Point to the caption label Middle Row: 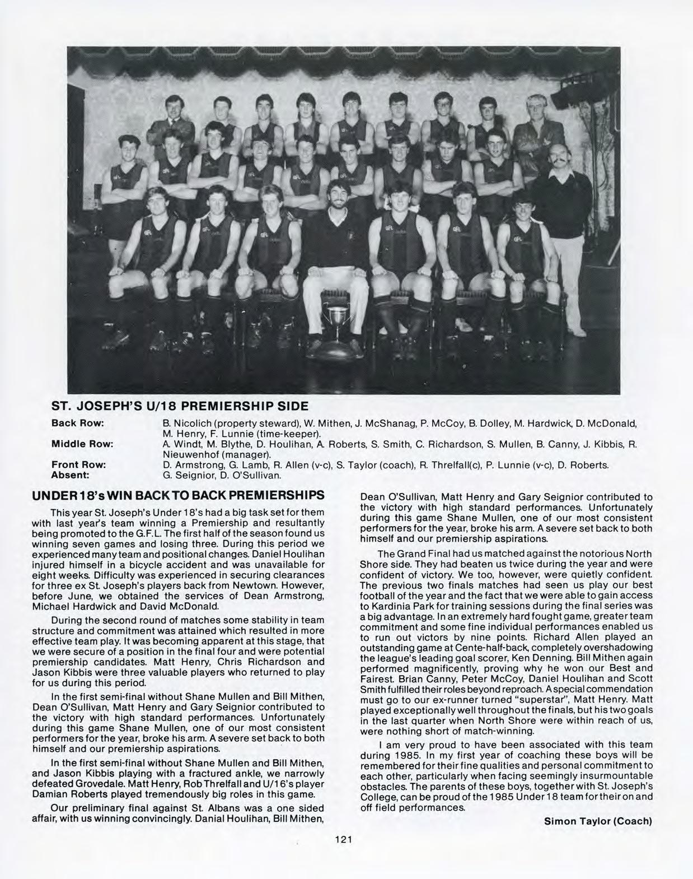[x=82, y=444]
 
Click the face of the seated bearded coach [x=338, y=197]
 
